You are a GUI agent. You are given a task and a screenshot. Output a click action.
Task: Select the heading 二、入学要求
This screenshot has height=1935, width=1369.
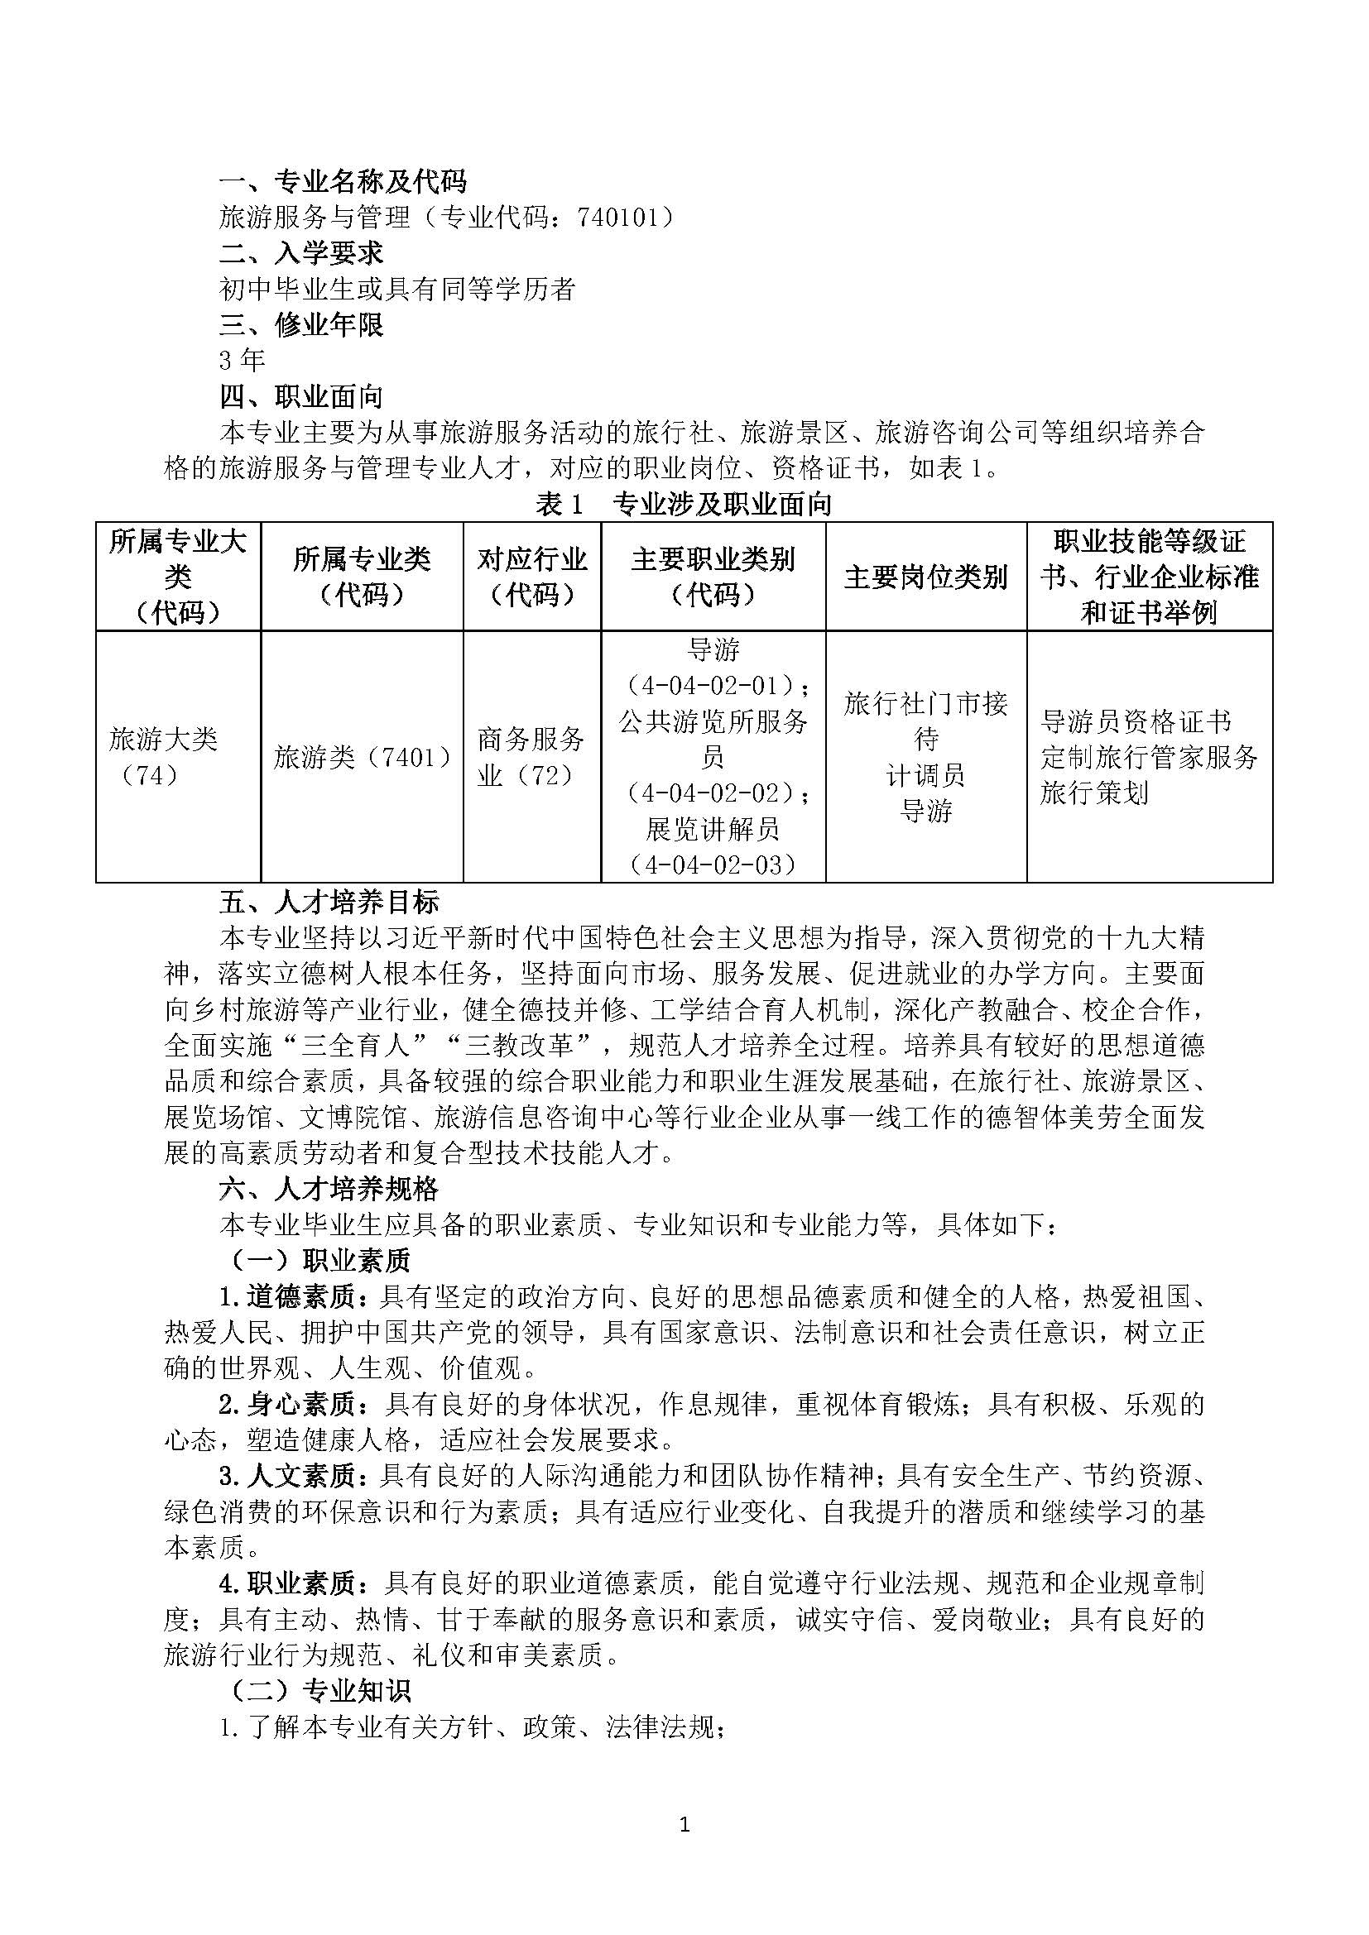click(x=301, y=253)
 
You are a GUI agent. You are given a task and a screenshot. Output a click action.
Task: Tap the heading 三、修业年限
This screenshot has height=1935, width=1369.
click(x=301, y=324)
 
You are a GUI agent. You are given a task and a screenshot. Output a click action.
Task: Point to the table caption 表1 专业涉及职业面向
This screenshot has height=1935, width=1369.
click(x=684, y=504)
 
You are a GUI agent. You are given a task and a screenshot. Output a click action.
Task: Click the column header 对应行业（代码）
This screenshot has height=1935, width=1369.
click(x=532, y=577)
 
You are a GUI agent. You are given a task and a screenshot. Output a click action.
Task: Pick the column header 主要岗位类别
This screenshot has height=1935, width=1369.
click(x=925, y=577)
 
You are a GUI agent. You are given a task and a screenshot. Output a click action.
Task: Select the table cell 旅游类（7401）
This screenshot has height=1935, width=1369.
click(x=362, y=758)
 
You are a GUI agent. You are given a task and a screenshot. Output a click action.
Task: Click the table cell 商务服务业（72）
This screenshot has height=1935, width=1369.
click(x=531, y=757)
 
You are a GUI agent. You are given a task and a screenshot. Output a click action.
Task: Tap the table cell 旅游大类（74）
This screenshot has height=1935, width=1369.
click(x=164, y=757)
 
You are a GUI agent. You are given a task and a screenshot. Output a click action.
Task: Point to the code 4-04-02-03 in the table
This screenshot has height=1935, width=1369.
click(x=713, y=865)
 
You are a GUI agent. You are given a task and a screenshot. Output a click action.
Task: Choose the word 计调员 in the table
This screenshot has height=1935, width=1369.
click(x=925, y=775)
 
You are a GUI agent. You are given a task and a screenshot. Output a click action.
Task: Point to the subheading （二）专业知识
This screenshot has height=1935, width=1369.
click(x=321, y=1691)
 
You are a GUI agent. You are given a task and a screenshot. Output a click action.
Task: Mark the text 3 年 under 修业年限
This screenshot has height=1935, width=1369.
click(x=242, y=361)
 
